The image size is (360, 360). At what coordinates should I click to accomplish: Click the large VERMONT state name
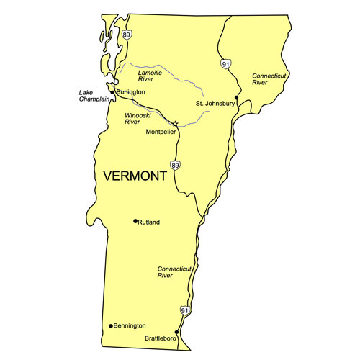click(140, 176)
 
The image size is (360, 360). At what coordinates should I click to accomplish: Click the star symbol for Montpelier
click(175, 124)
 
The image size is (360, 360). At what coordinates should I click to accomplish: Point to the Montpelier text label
click(161, 132)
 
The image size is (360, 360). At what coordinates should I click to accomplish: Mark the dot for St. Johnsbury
click(237, 96)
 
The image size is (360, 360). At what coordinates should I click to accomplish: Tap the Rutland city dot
click(135, 221)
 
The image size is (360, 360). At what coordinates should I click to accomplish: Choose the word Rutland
click(149, 222)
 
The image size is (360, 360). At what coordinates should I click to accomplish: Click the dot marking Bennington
click(110, 326)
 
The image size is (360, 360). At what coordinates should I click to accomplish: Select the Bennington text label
click(130, 326)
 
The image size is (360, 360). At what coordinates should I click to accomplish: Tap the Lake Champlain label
click(92, 97)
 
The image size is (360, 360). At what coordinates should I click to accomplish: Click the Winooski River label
click(137, 119)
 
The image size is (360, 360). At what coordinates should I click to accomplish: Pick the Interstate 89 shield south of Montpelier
click(175, 166)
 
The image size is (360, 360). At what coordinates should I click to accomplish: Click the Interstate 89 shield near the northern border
click(127, 35)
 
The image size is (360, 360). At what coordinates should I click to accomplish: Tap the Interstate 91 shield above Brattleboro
click(185, 310)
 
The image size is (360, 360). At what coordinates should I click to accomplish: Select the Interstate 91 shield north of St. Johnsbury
click(226, 63)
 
